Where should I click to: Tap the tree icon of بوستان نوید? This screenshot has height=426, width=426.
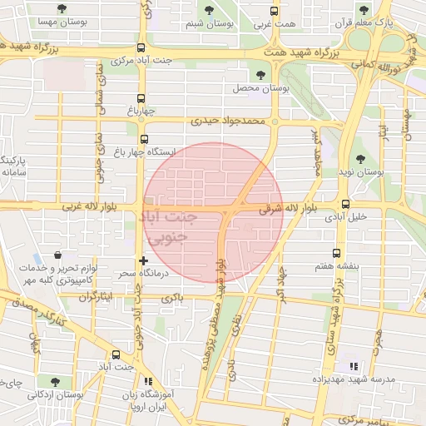point(359,159)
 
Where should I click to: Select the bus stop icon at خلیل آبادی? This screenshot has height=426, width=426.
point(345,203)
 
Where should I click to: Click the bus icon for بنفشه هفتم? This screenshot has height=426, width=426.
point(336,253)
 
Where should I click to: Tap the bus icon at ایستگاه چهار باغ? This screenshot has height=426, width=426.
point(145,139)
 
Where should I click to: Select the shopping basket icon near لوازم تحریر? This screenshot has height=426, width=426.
point(57,255)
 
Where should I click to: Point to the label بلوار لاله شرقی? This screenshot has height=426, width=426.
point(283,210)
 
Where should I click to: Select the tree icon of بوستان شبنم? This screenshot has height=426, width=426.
point(208,10)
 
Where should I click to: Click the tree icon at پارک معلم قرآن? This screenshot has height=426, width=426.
point(363,10)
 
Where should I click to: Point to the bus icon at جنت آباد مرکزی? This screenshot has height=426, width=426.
point(141,47)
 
